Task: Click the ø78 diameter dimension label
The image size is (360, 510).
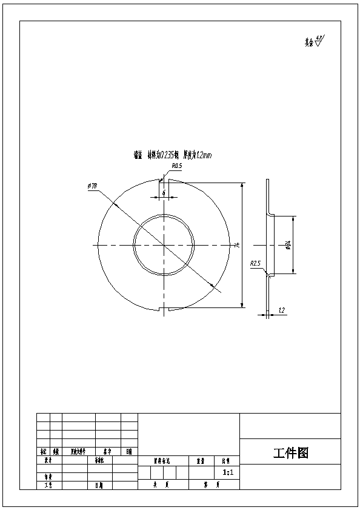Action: (93, 186)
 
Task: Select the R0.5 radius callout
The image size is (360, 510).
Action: (177, 165)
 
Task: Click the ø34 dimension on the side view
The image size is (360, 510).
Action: (288, 245)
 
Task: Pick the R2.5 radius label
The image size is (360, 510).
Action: (255, 264)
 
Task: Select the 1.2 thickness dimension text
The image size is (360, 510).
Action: (281, 310)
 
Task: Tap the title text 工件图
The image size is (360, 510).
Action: (291, 453)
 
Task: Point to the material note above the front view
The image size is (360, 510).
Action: (173, 155)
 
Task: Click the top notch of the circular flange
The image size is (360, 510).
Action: (164, 180)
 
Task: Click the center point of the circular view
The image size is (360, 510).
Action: (164, 244)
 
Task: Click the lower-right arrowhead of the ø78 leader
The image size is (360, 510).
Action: (212, 285)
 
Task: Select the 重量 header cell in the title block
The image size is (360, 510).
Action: (199, 460)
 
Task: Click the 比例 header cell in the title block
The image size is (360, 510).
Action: (226, 460)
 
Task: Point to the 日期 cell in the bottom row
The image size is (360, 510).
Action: (99, 485)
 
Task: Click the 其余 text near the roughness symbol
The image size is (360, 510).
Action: (309, 43)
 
